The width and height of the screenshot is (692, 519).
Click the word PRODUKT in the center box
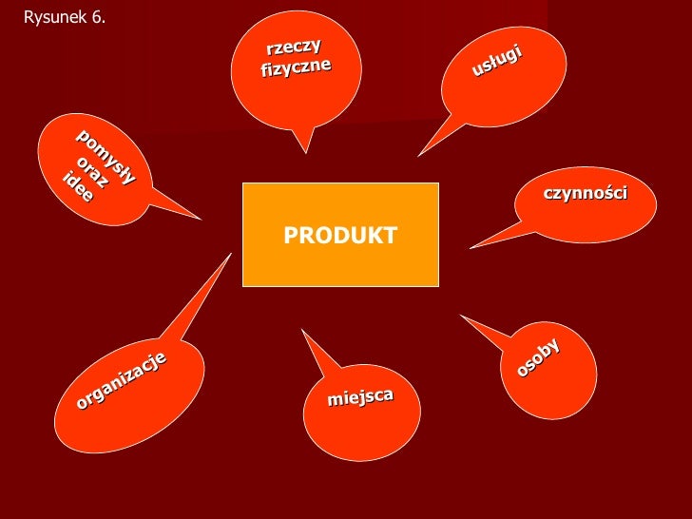coord(339,236)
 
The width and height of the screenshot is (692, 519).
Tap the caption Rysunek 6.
coord(64,17)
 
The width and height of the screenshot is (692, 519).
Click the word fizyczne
coord(296,67)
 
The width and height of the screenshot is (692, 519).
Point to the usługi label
coord(496,60)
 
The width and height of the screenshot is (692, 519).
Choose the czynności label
coord(586,193)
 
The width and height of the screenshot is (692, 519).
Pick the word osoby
coord(538,357)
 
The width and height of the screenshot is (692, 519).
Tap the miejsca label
coord(360,396)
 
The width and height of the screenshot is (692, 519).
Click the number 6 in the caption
coord(98,17)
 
